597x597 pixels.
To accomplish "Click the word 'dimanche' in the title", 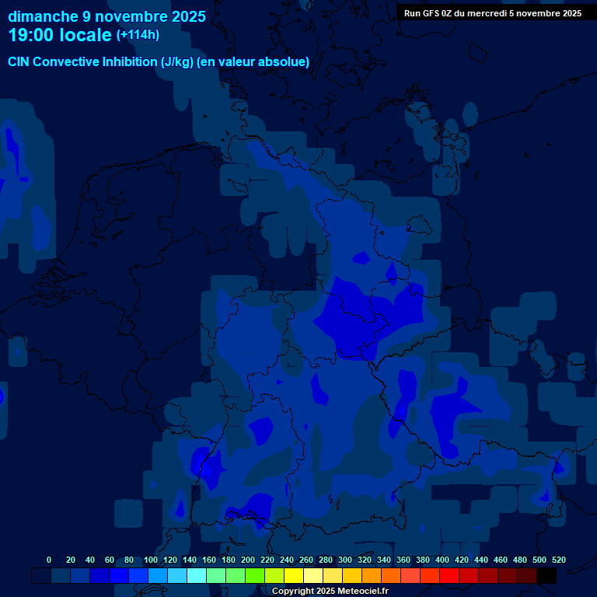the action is (43, 16).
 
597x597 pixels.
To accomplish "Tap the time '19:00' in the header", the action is (32, 36).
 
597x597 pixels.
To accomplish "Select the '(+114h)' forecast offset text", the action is (138, 35).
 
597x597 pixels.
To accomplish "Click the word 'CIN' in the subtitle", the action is (20, 62).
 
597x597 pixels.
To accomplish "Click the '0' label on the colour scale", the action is (49, 560).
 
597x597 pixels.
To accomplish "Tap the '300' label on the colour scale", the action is (345, 560).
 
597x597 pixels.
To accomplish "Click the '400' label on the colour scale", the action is (442, 560).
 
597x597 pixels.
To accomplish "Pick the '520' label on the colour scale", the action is (558, 560).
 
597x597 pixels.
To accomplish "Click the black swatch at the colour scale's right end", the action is (546, 575).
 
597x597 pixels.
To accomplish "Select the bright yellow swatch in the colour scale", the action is (294, 575).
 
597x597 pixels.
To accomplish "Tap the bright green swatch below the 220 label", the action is (255, 575).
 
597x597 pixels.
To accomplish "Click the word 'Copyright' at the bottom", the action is (295, 592).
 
